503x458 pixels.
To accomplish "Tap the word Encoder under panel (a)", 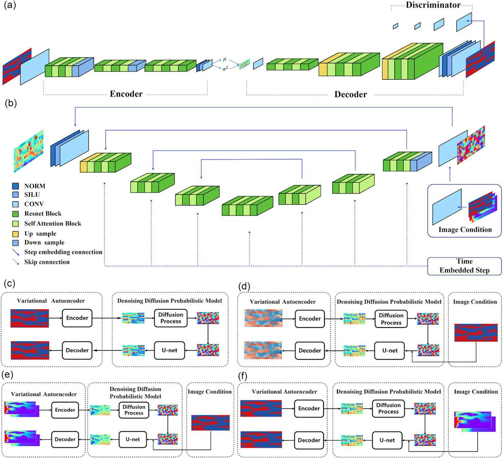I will (x=126, y=94).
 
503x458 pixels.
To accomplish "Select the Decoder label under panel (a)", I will (x=350, y=94).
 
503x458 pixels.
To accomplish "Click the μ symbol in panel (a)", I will (x=225, y=60).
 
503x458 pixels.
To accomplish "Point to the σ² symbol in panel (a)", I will (x=225, y=70).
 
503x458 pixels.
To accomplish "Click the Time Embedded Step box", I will (x=464, y=266).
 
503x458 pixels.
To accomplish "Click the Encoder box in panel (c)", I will (x=77, y=318).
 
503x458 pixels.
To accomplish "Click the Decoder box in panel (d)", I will (x=310, y=351).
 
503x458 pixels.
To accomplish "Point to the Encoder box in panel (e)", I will (x=65, y=410).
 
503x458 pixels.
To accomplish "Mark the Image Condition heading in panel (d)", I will (x=475, y=302).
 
